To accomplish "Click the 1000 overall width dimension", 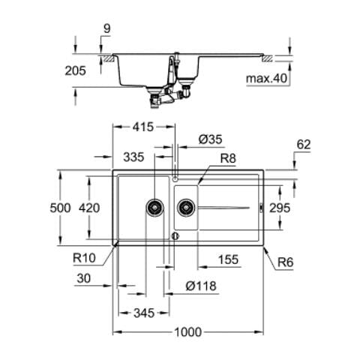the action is (187, 332).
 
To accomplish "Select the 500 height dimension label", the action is (60, 208).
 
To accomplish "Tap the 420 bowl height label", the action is (89, 208).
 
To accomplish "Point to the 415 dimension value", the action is (143, 127).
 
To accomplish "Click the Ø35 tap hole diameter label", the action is (210, 139).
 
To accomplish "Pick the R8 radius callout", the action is (228, 158).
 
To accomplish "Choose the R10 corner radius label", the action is (84, 258).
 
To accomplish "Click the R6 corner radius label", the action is (286, 262).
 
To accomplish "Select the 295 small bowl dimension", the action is (280, 208).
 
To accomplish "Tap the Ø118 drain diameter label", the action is (201, 286).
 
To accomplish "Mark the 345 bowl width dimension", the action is (144, 313).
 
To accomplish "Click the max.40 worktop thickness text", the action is (267, 79).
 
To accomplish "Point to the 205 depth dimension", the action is (75, 70).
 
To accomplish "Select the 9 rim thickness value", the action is (106, 29).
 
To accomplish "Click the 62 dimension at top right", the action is (304, 145).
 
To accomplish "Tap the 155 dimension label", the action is (228, 259).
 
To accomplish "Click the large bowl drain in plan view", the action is (154, 208).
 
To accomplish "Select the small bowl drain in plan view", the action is (186, 207).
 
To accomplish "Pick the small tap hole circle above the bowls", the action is (175, 178).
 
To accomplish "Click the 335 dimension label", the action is (133, 157).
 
